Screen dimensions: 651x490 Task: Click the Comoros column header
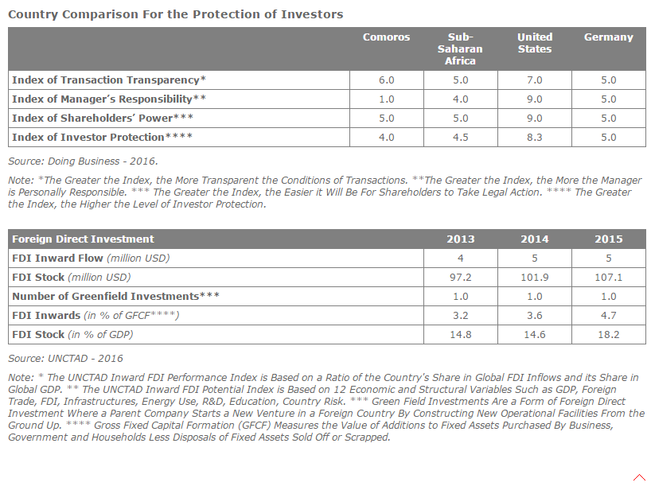tap(386, 37)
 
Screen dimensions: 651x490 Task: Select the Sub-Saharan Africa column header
tap(460, 49)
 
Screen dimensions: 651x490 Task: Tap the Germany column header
tap(609, 37)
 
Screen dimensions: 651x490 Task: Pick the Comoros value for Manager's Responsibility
tap(387, 99)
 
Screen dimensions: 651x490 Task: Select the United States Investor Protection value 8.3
tap(535, 138)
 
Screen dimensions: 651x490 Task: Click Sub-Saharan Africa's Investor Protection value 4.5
tap(461, 138)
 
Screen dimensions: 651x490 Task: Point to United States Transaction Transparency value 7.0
tap(535, 80)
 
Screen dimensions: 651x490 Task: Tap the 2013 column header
tap(461, 239)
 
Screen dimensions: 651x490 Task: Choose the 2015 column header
tap(609, 239)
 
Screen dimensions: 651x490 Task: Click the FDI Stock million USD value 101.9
tap(535, 277)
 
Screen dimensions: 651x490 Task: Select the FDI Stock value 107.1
tap(609, 277)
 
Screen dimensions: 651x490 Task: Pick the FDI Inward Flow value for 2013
tap(461, 258)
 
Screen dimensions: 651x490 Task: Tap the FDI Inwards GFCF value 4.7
tap(609, 315)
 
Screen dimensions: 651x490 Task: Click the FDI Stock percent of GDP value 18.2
tap(609, 334)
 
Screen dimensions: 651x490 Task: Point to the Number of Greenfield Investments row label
tap(115, 296)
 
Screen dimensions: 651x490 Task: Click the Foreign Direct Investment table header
tap(83, 239)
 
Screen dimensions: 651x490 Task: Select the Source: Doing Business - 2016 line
tap(83, 161)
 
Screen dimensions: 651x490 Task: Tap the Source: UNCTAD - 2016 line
tap(65, 359)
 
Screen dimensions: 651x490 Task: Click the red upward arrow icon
tap(639, 477)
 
